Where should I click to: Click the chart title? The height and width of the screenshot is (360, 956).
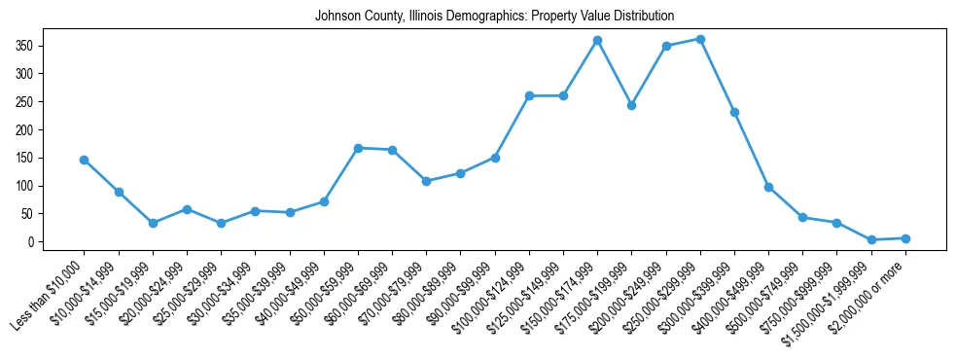[494, 17]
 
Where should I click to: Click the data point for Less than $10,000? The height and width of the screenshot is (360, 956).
[85, 160]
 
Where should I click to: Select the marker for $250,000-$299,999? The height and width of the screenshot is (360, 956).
[700, 39]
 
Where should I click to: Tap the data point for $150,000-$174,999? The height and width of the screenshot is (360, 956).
[597, 40]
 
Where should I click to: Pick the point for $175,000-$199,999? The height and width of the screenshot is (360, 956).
[632, 105]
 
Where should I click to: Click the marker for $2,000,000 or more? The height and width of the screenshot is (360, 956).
[905, 238]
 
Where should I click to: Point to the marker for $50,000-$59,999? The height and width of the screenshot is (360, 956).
[358, 148]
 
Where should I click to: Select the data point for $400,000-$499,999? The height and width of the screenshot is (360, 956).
[768, 187]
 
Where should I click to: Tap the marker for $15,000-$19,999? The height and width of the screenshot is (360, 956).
[153, 223]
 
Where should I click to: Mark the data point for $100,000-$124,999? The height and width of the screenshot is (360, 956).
[529, 95]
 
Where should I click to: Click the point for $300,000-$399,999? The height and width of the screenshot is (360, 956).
[734, 112]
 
